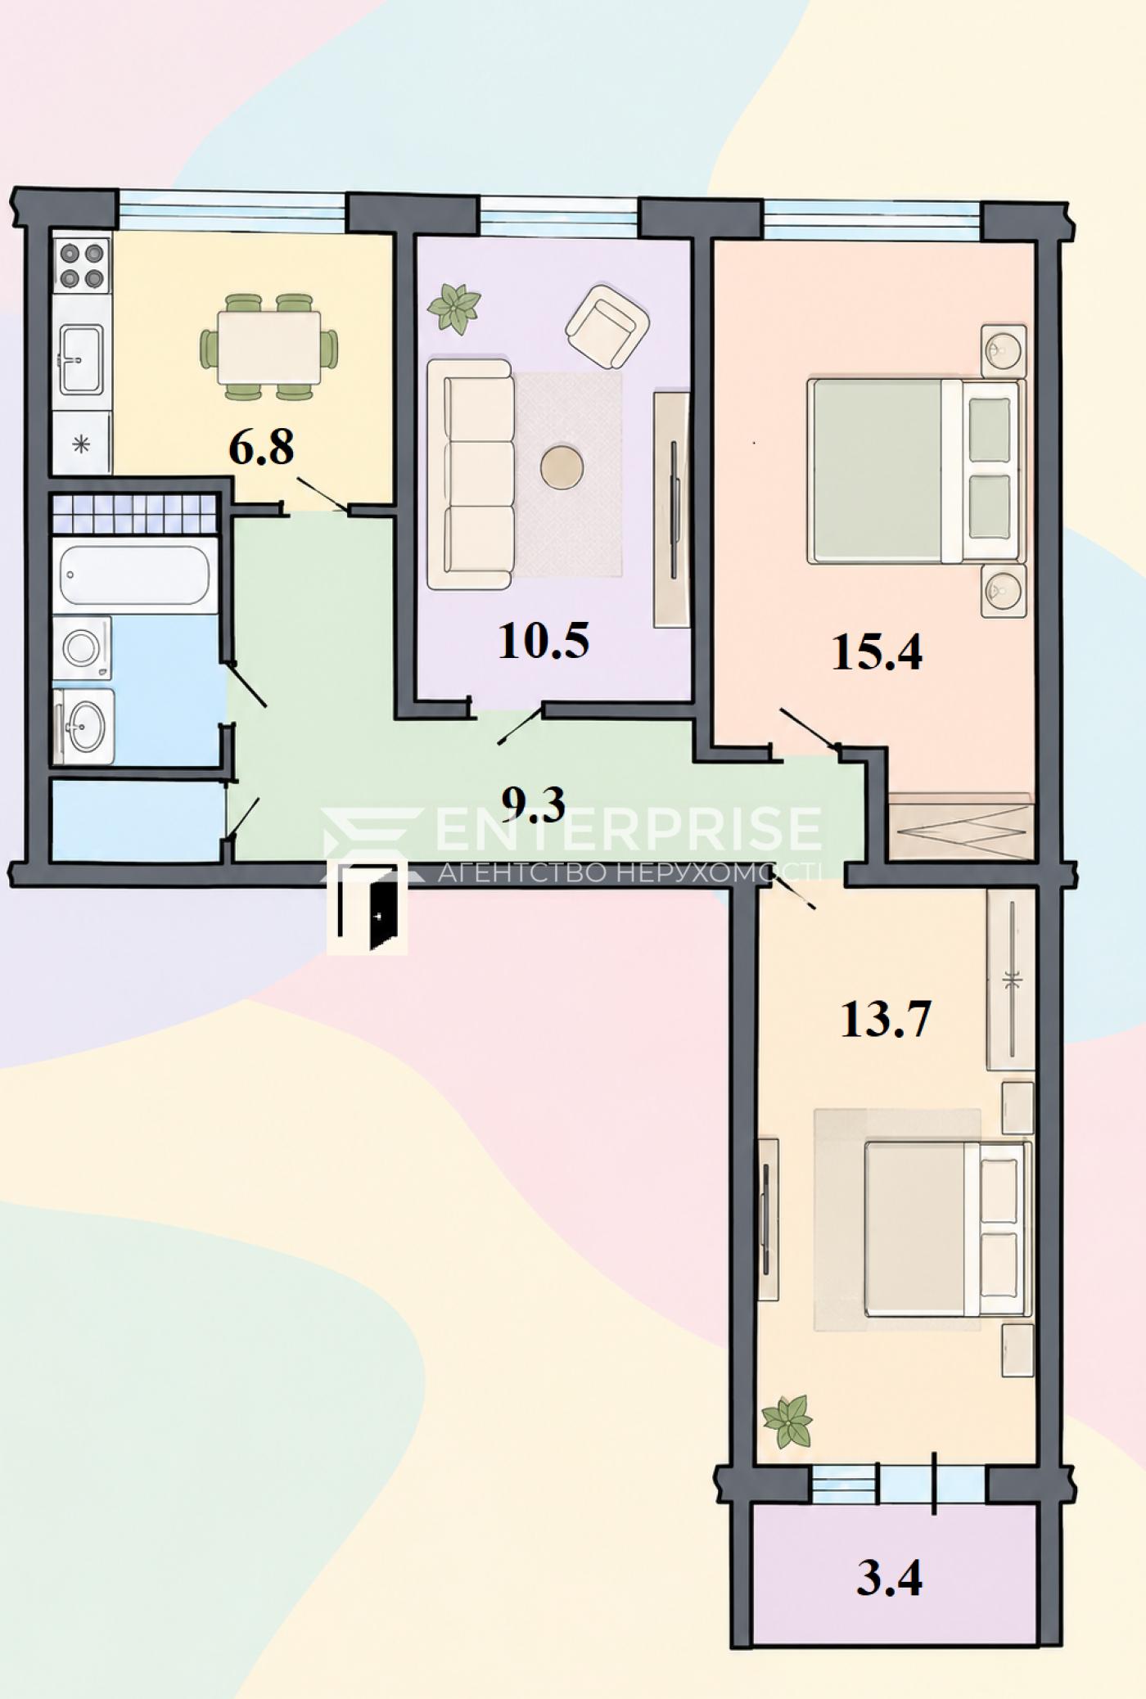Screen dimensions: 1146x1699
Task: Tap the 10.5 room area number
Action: (544, 641)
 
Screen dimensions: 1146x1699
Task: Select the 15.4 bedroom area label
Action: (877, 653)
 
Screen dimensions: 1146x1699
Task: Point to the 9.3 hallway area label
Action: (534, 804)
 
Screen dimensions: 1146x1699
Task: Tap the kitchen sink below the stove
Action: (81, 358)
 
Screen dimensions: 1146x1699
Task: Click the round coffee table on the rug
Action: (562, 468)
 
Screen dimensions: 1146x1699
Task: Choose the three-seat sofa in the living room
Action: (478, 475)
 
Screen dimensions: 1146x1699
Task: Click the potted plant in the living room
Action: (454, 309)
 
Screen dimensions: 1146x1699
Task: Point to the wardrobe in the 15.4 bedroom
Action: (961, 826)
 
